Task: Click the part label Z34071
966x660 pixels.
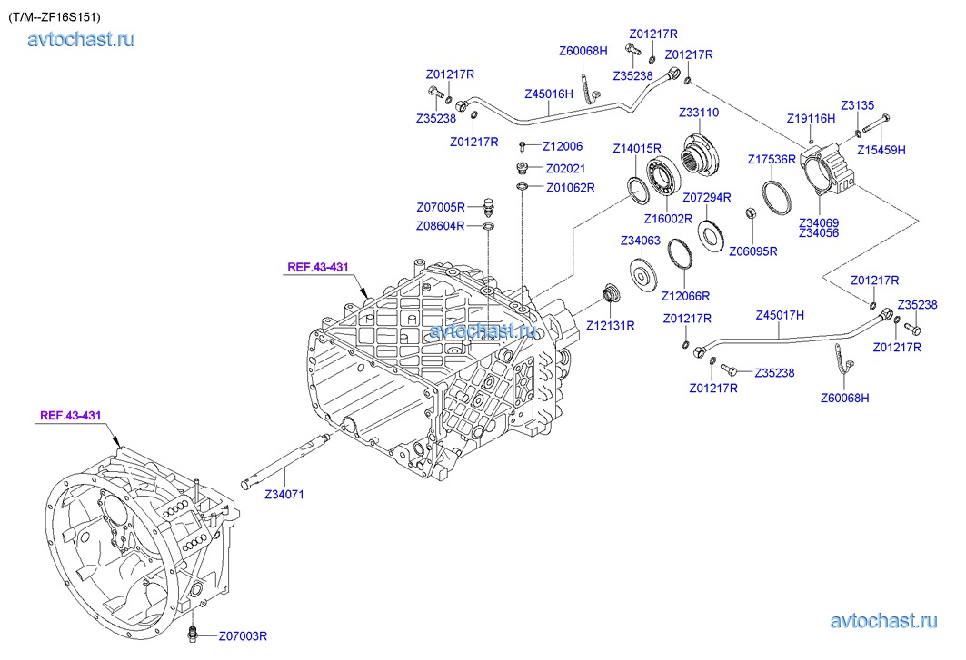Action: (x=284, y=495)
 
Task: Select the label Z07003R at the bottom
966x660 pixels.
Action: (x=243, y=635)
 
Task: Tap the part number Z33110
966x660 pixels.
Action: (x=699, y=113)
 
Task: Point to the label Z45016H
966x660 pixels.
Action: (x=549, y=94)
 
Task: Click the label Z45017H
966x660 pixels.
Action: (x=781, y=315)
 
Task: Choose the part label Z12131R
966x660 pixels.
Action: (x=610, y=324)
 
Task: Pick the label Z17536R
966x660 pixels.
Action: (x=772, y=159)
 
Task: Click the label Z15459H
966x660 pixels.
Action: (x=881, y=150)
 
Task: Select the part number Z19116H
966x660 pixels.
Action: (x=811, y=118)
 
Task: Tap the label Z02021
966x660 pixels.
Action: (x=565, y=168)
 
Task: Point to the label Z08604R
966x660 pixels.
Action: (x=441, y=225)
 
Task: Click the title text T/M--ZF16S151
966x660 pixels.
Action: (x=55, y=16)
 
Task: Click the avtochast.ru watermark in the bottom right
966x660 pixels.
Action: (x=883, y=620)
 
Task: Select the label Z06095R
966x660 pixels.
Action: (x=752, y=251)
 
